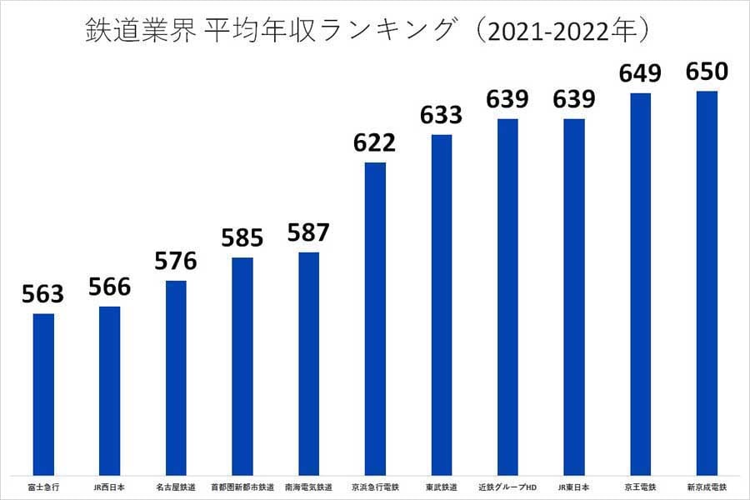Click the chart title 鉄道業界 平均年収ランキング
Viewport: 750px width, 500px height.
click(367, 31)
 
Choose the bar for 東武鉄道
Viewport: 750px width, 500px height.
click(442, 304)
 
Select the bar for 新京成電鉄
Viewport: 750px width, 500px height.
click(707, 282)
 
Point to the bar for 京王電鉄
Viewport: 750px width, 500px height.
click(640, 283)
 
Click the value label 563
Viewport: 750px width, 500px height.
click(43, 294)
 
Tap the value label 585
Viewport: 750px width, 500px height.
click(242, 238)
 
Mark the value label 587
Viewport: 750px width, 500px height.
click(308, 232)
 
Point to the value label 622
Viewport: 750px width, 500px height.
click(375, 142)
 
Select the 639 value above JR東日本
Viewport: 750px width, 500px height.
click(573, 99)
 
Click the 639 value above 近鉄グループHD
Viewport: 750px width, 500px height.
click(507, 99)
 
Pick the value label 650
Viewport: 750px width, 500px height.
click(707, 72)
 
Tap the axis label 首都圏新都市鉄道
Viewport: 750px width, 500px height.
click(242, 487)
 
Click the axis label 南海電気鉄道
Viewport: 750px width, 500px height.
click(308, 487)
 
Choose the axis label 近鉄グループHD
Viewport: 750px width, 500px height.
click(507, 487)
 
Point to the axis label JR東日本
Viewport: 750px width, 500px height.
click(573, 487)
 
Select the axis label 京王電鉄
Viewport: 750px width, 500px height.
click(640, 487)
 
